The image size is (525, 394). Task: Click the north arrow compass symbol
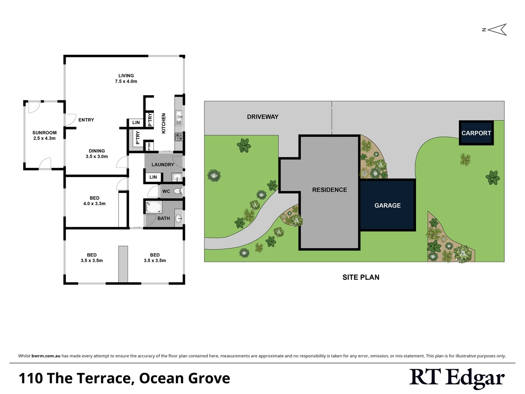pyautogui.click(x=497, y=30)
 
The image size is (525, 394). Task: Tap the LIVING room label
pyautogui.click(x=126, y=76)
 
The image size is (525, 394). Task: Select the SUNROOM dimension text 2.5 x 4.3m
pyautogui.click(x=44, y=139)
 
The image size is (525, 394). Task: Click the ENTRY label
pyautogui.click(x=86, y=120)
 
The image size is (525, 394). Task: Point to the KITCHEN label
pyautogui.click(x=164, y=123)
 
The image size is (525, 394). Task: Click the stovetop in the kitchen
pyautogui.click(x=179, y=137)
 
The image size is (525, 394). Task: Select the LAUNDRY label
pyautogui.click(x=163, y=165)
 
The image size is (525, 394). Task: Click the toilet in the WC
pyautogui.click(x=178, y=191)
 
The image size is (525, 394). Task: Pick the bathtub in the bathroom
pyautogui.click(x=153, y=207)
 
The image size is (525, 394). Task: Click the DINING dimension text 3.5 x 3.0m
pyautogui.click(x=97, y=157)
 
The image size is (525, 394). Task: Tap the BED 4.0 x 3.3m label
pyautogui.click(x=94, y=201)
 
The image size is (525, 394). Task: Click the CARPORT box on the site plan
pyautogui.click(x=476, y=133)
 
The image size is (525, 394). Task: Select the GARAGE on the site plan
pyautogui.click(x=388, y=205)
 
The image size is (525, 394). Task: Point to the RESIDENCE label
pyautogui.click(x=330, y=190)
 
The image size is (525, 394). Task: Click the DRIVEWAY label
pyautogui.click(x=262, y=117)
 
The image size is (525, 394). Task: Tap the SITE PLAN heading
pyautogui.click(x=361, y=277)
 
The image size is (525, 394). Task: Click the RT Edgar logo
pyautogui.click(x=457, y=378)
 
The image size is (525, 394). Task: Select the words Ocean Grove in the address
pyautogui.click(x=184, y=378)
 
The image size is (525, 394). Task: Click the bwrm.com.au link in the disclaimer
pyautogui.click(x=46, y=356)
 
